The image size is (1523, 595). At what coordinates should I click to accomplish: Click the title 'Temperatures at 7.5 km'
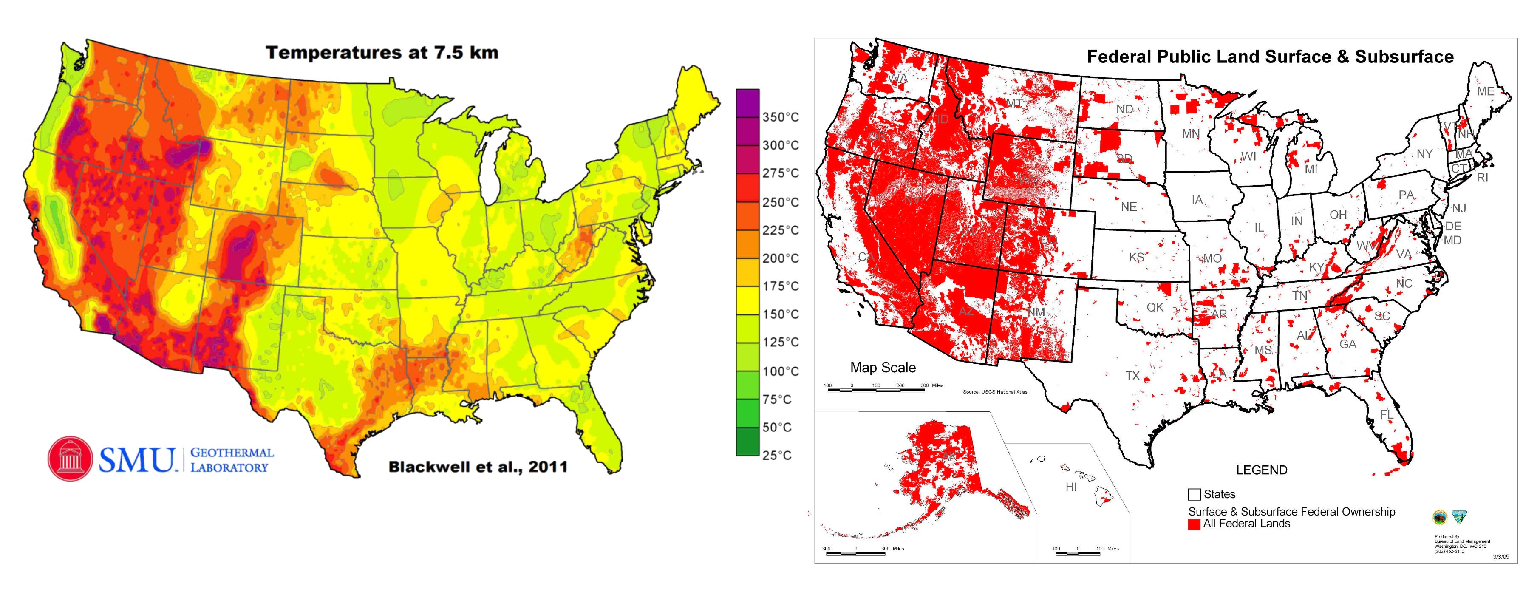pyautogui.click(x=382, y=53)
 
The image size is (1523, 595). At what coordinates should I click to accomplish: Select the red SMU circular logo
pyautogui.click(x=71, y=459)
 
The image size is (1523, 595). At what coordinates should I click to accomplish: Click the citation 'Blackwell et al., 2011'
pyautogui.click(x=478, y=467)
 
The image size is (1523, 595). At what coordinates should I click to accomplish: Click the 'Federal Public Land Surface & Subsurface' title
pyautogui.click(x=1270, y=57)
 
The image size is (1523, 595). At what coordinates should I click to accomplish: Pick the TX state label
pyautogui.click(x=1132, y=376)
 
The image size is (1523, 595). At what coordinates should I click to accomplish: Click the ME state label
pyautogui.click(x=1485, y=92)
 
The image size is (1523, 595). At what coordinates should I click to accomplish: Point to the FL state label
pyautogui.click(x=1387, y=415)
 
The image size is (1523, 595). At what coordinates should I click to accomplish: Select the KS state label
pyautogui.click(x=1136, y=257)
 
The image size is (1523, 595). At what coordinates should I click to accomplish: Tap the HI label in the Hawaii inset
pyautogui.click(x=1071, y=487)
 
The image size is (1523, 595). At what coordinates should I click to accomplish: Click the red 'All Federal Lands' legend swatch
pyautogui.click(x=1194, y=524)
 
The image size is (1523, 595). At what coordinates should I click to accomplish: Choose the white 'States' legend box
pyautogui.click(x=1194, y=494)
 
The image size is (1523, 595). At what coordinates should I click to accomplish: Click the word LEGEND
pyautogui.click(x=1261, y=470)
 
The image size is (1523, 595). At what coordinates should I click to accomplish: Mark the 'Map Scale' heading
pyautogui.click(x=883, y=368)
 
